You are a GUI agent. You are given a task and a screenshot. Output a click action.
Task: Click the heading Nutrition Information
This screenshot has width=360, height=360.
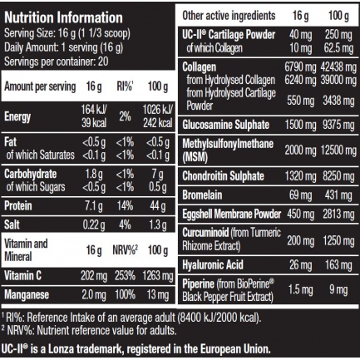tap(63, 17)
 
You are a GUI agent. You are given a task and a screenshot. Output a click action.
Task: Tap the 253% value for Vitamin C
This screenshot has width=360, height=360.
tap(126, 276)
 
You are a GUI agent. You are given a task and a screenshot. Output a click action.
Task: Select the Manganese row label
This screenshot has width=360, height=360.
tap(27, 294)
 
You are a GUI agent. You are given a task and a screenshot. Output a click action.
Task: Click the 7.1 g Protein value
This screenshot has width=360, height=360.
tap(94, 206)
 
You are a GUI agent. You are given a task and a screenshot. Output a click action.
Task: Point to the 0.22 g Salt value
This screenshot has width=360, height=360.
tap(94, 225)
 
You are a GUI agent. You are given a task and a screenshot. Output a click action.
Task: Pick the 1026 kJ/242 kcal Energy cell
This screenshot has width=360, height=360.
tap(158, 116)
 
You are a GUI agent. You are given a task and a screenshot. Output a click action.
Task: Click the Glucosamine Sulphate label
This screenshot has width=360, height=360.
tap(226, 125)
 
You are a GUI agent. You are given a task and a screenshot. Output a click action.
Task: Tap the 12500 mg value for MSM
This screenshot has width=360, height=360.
tap(338, 150)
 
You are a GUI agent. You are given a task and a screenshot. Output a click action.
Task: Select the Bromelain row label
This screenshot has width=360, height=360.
tap(202, 195)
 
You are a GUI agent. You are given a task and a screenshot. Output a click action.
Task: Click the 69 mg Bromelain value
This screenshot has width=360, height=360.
tap(300, 195)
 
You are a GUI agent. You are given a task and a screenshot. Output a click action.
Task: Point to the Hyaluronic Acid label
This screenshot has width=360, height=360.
tap(213, 265)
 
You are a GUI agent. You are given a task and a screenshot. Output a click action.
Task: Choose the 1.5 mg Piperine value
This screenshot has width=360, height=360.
tap(300, 290)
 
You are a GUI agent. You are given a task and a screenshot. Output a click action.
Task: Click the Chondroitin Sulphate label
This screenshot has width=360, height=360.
tap(223, 176)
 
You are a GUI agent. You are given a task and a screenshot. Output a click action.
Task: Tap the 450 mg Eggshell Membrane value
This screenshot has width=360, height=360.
tap(300, 214)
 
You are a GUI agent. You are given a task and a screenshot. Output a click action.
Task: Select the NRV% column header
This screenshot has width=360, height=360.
tap(126, 250)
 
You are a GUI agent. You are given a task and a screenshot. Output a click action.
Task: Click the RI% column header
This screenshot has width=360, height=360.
tap(125, 86)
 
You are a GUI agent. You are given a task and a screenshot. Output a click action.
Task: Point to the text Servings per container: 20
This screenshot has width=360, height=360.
tap(57, 62)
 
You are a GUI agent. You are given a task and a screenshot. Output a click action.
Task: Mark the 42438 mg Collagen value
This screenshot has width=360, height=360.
tap(338, 67)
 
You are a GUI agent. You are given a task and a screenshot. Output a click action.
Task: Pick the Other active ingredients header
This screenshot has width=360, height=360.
tap(229, 16)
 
